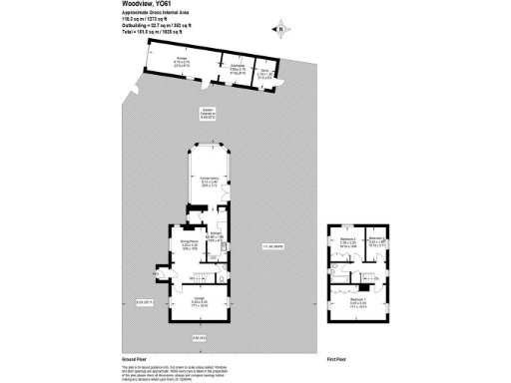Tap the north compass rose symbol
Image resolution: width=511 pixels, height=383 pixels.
[281, 29]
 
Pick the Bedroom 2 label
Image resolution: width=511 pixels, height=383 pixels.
[347, 240]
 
